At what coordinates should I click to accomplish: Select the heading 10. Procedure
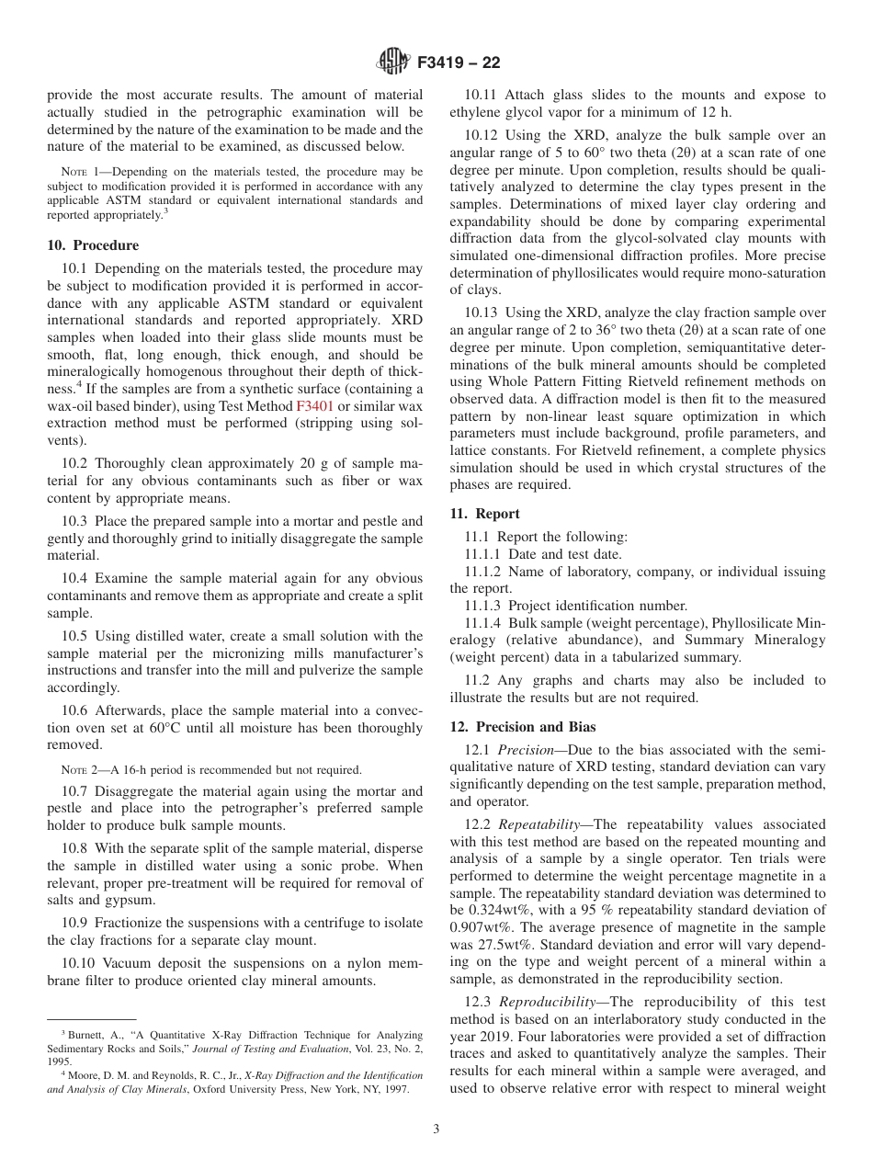point(93,245)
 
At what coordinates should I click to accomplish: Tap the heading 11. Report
point(484,514)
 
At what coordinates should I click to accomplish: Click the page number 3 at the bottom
point(436,1129)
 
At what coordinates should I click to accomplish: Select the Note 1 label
point(74,172)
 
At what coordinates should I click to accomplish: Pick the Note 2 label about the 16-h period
point(74,769)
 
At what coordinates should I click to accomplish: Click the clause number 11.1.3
point(483,606)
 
